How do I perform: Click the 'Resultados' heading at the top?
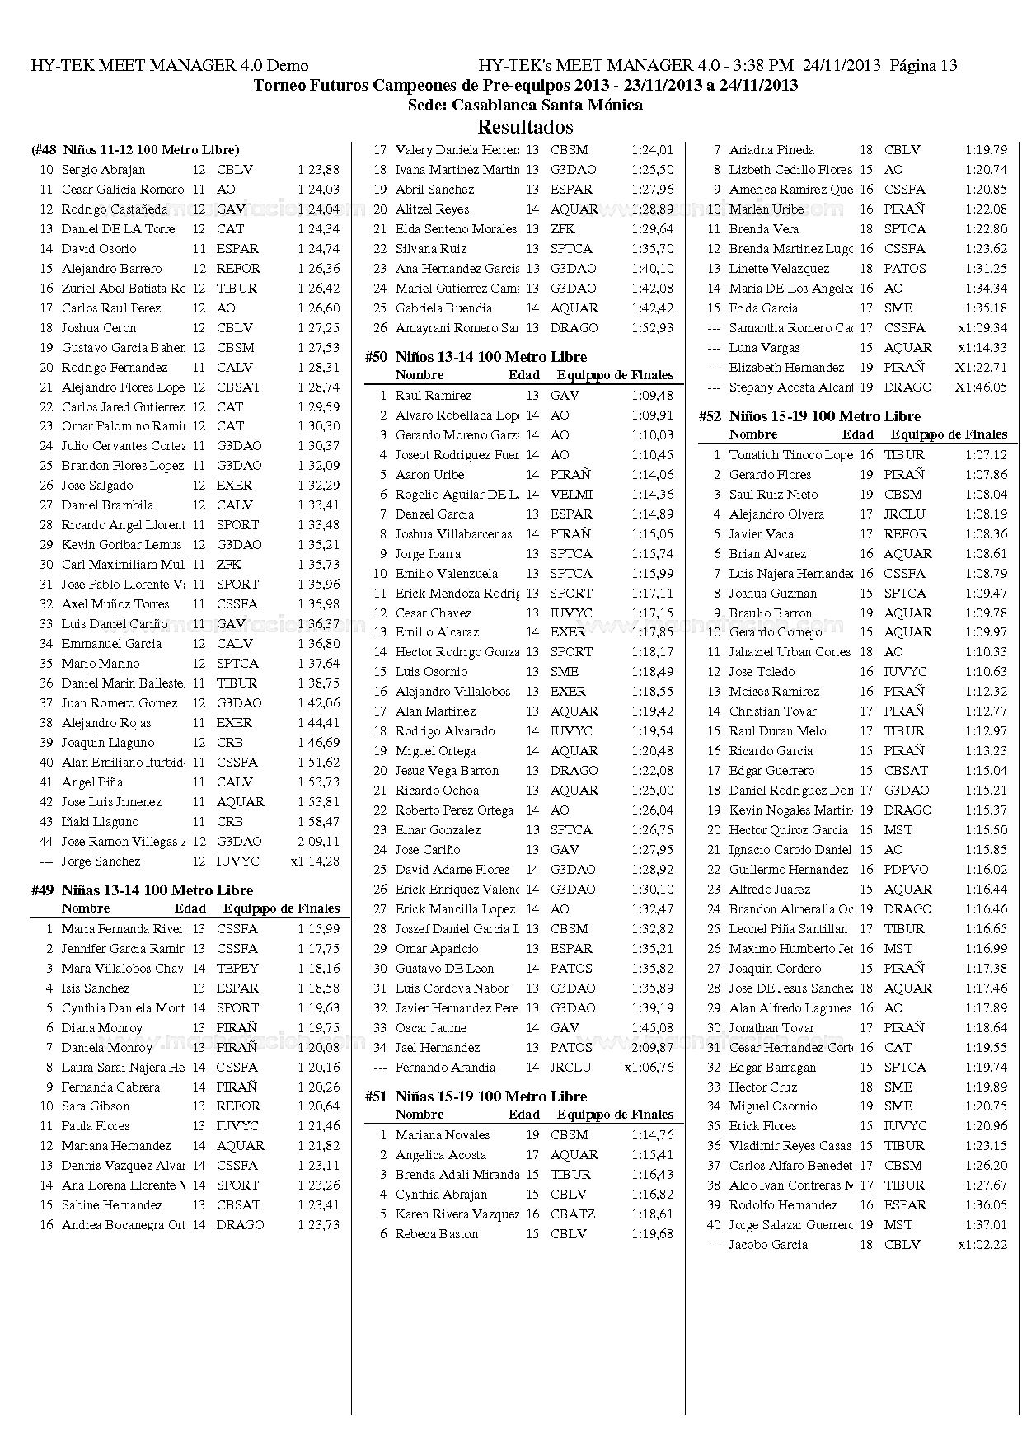[x=525, y=127]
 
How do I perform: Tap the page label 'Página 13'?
[x=925, y=66]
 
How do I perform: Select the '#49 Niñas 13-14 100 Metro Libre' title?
[x=142, y=890]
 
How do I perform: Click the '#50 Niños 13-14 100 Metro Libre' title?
[x=476, y=357]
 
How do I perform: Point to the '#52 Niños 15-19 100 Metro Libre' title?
[x=809, y=416]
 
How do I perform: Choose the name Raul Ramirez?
[x=434, y=396]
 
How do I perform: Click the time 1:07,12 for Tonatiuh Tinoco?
[x=986, y=455]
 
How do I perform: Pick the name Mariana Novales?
[x=442, y=1135]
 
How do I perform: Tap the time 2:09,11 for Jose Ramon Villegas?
[x=318, y=842]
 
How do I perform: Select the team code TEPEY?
[x=237, y=969]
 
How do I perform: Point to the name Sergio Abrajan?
[x=103, y=170]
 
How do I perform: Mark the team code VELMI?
[x=571, y=495]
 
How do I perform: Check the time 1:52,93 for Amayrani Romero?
[x=652, y=328]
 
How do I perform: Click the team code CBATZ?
[x=572, y=1214]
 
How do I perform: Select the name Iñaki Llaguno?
[x=100, y=822]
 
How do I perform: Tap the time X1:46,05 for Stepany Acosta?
[x=981, y=387]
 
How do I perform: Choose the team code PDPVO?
[x=906, y=870]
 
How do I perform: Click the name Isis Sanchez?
[x=95, y=988]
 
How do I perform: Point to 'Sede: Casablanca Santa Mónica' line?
[x=525, y=106]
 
